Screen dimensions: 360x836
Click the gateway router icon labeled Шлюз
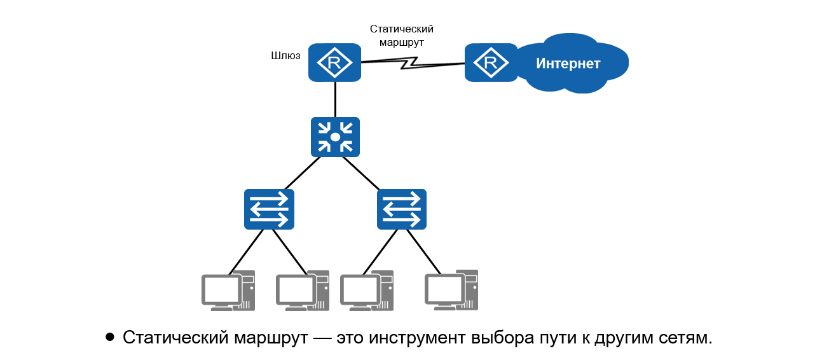[334, 62]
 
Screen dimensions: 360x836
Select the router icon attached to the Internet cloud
[490, 62]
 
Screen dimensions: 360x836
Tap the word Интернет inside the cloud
[568, 64]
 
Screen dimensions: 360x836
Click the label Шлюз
[285, 56]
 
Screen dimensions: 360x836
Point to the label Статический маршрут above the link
[401, 36]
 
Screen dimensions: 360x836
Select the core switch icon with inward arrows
[335, 137]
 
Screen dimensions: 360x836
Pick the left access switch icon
[269, 209]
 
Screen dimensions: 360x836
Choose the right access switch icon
[401, 209]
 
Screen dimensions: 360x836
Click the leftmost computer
[227, 291]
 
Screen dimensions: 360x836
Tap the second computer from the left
[302, 291]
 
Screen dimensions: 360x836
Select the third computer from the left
[366, 291]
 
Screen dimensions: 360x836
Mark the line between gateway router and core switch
[335, 99]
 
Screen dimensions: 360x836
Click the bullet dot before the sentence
[110, 336]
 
